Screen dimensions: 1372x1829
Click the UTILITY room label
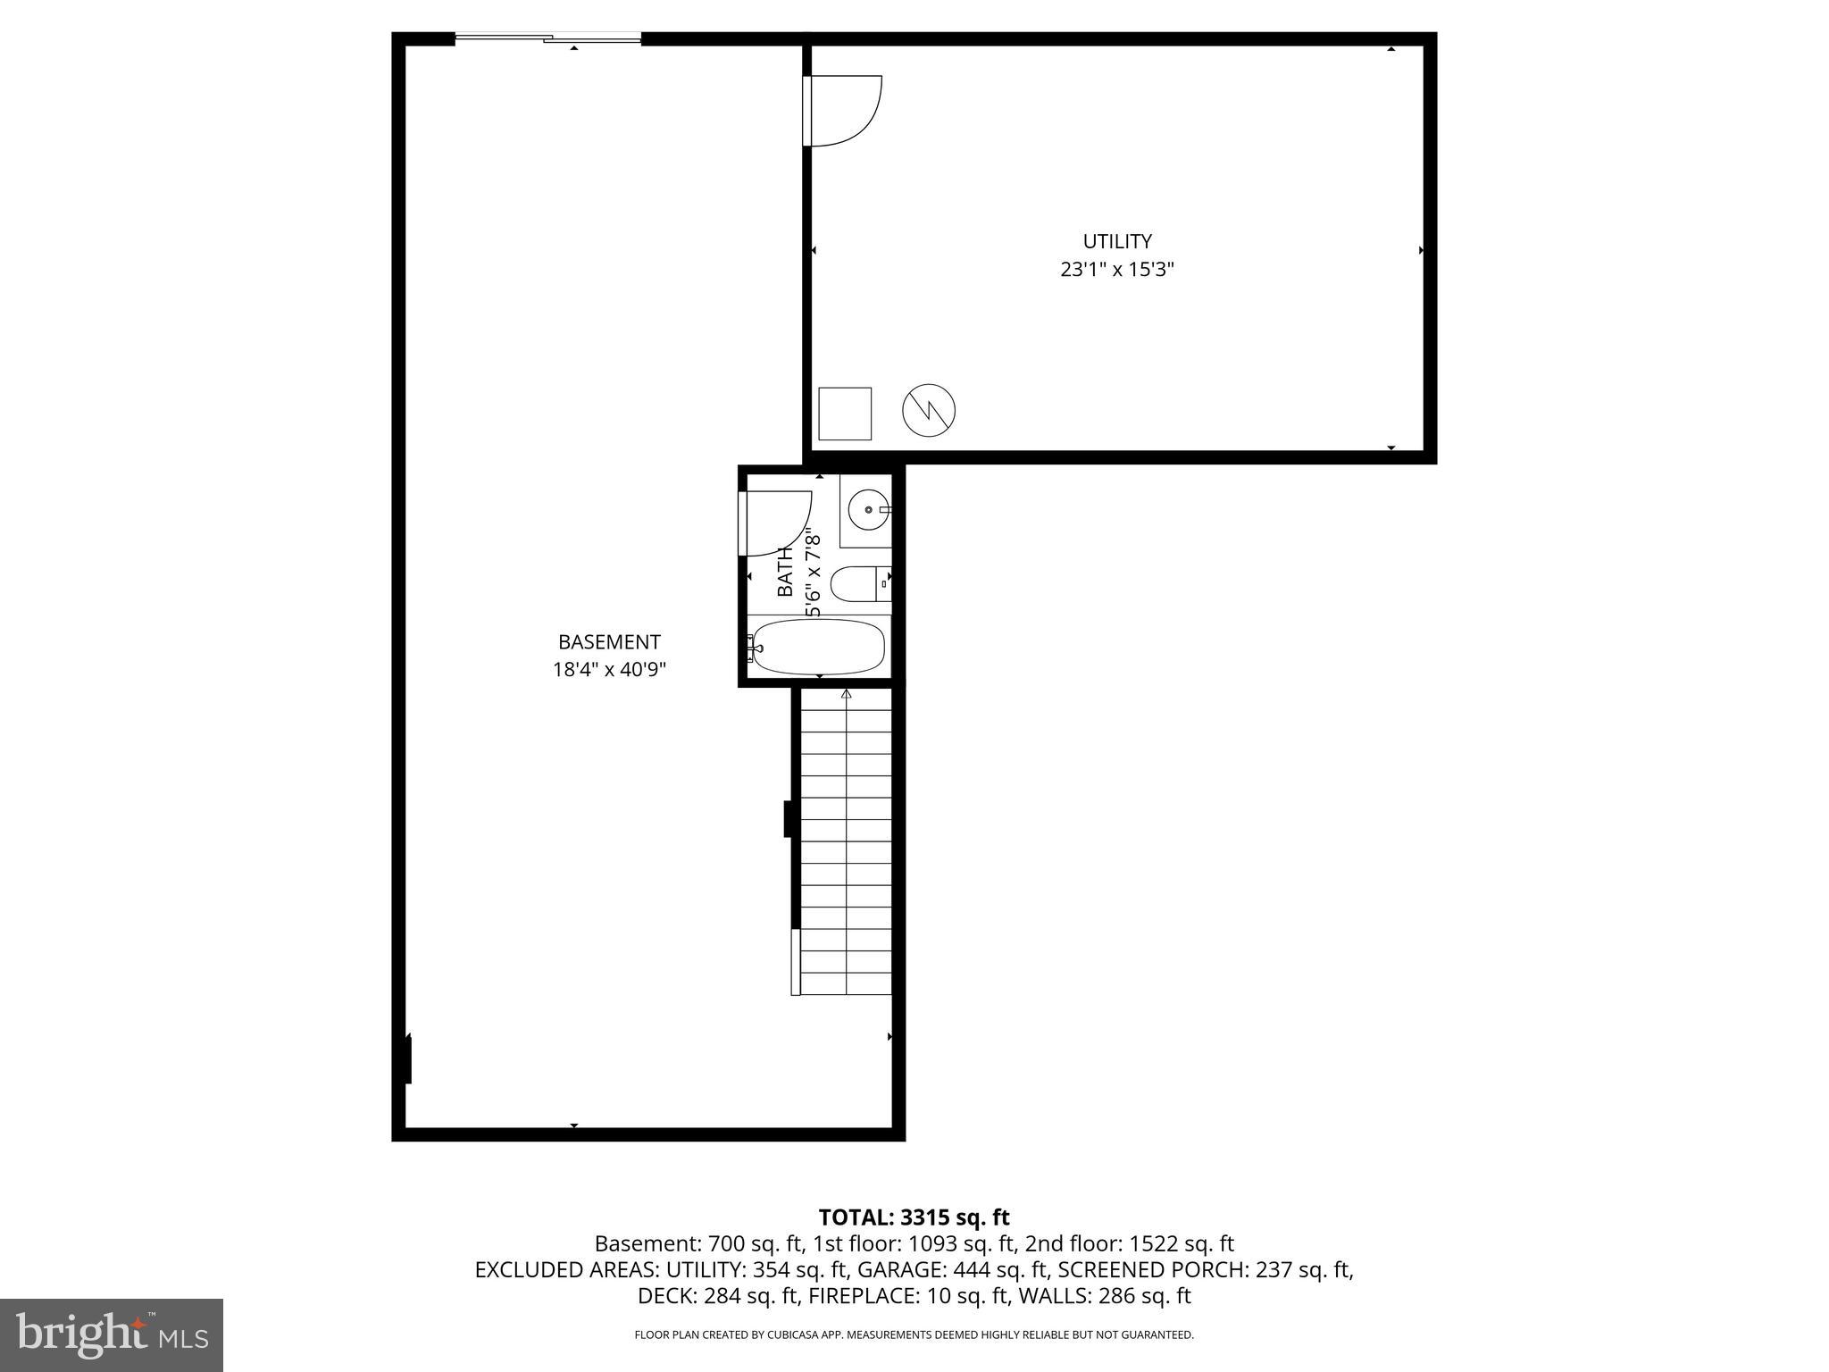click(x=1116, y=241)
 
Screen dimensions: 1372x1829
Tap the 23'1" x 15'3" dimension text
click(x=1116, y=270)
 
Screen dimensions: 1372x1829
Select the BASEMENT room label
click(x=609, y=642)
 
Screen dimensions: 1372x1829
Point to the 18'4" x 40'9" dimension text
click(x=609, y=670)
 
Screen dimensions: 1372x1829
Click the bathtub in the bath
click(x=819, y=646)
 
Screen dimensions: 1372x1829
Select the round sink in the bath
click(x=869, y=510)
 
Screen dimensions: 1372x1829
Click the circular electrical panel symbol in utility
click(x=929, y=411)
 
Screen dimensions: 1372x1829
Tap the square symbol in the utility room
click(x=845, y=414)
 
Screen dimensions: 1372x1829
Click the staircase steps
click(x=846, y=840)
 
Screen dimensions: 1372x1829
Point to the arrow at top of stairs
click(x=846, y=694)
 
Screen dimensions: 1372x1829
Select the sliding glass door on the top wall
click(x=548, y=38)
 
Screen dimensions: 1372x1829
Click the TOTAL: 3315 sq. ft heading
click(x=914, y=1217)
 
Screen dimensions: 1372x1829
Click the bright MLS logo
click(x=112, y=1335)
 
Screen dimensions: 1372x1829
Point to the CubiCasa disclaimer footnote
click(x=914, y=1335)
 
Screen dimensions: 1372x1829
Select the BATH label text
click(x=785, y=572)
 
